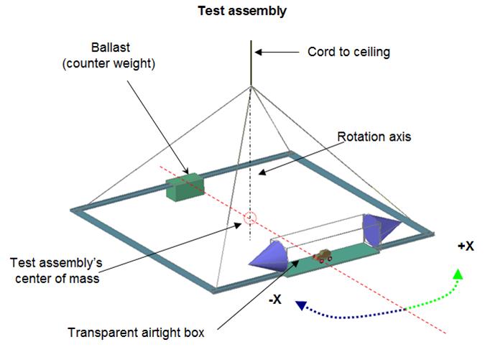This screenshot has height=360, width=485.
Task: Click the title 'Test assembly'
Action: point(241,11)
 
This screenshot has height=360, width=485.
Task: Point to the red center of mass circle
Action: point(250,217)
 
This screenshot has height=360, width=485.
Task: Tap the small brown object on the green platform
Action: point(323,254)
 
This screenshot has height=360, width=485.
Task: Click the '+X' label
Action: point(465,246)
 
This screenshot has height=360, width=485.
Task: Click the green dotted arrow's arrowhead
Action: point(458,274)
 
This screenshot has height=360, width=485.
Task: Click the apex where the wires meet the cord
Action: point(251,87)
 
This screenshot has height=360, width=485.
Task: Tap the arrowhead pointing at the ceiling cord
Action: point(259,52)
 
